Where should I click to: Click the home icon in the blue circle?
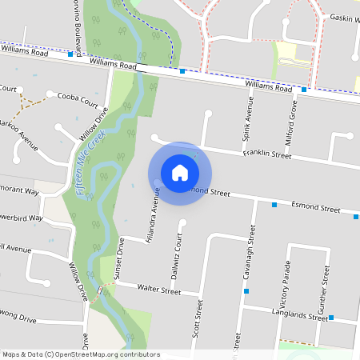point(180,172)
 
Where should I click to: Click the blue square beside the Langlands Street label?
point(330,318)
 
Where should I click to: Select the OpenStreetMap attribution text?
point(82,354)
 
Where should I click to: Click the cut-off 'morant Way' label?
point(19,192)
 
